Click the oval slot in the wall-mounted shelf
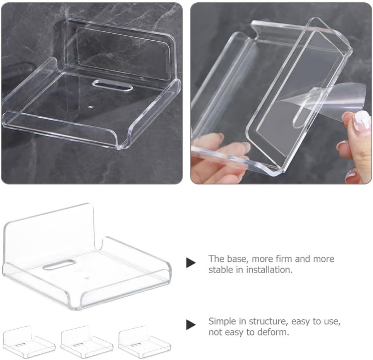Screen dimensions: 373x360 pos(113,86)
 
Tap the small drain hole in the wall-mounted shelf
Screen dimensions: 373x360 pos(90,107)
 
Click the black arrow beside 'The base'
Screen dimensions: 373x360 pos(191,263)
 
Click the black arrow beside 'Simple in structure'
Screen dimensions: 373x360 pos(191,325)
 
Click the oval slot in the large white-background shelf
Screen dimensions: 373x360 pos(59,265)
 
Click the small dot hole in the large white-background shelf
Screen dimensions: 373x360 pos(86,278)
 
